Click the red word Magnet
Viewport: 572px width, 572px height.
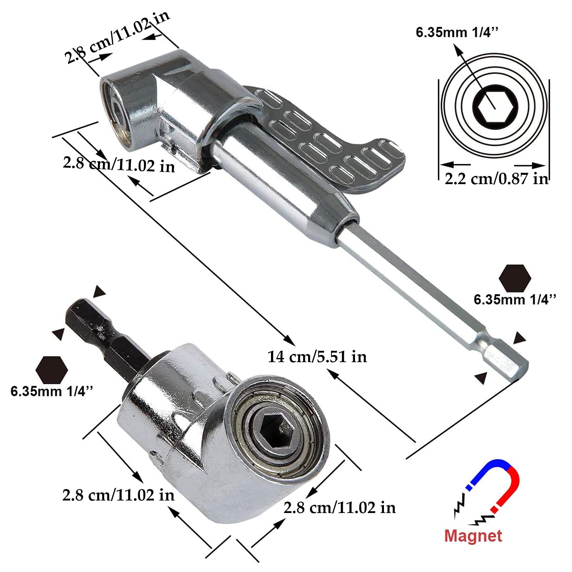473,536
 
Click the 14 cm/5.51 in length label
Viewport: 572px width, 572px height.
317,357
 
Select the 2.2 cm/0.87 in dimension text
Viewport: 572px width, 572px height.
496,178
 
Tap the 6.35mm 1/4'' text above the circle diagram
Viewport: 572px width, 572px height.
457,33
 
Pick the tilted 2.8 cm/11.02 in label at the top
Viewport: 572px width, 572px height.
117,37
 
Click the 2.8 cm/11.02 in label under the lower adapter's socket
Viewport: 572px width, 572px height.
340,508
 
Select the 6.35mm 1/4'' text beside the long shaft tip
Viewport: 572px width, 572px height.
515,300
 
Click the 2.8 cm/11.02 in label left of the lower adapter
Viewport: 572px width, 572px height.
118,495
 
